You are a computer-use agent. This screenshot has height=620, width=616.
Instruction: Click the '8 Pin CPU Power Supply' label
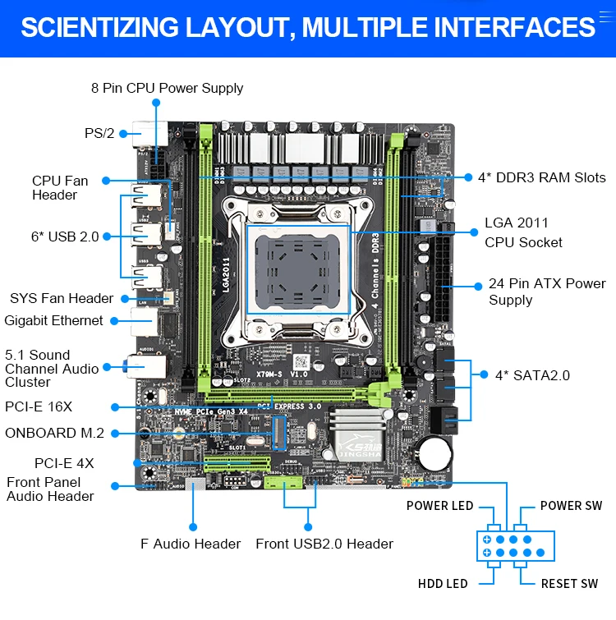point(167,88)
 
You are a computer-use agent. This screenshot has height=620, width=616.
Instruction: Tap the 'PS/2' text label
point(99,133)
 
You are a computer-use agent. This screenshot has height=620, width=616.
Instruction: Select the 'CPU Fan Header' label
point(55,187)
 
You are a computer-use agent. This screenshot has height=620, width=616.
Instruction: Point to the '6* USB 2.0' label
point(65,237)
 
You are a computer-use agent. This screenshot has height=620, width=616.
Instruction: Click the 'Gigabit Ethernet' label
point(54,320)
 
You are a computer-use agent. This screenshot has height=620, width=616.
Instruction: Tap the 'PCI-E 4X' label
point(64,463)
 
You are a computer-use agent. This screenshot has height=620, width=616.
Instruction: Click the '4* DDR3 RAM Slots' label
point(542,177)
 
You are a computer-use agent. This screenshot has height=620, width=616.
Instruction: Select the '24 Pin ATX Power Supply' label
point(547,292)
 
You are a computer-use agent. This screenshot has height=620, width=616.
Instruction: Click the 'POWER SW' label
point(571,506)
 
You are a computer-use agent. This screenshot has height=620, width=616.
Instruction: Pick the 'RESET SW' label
point(569,584)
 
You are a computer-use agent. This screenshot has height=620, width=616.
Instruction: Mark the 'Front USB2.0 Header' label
point(324,544)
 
